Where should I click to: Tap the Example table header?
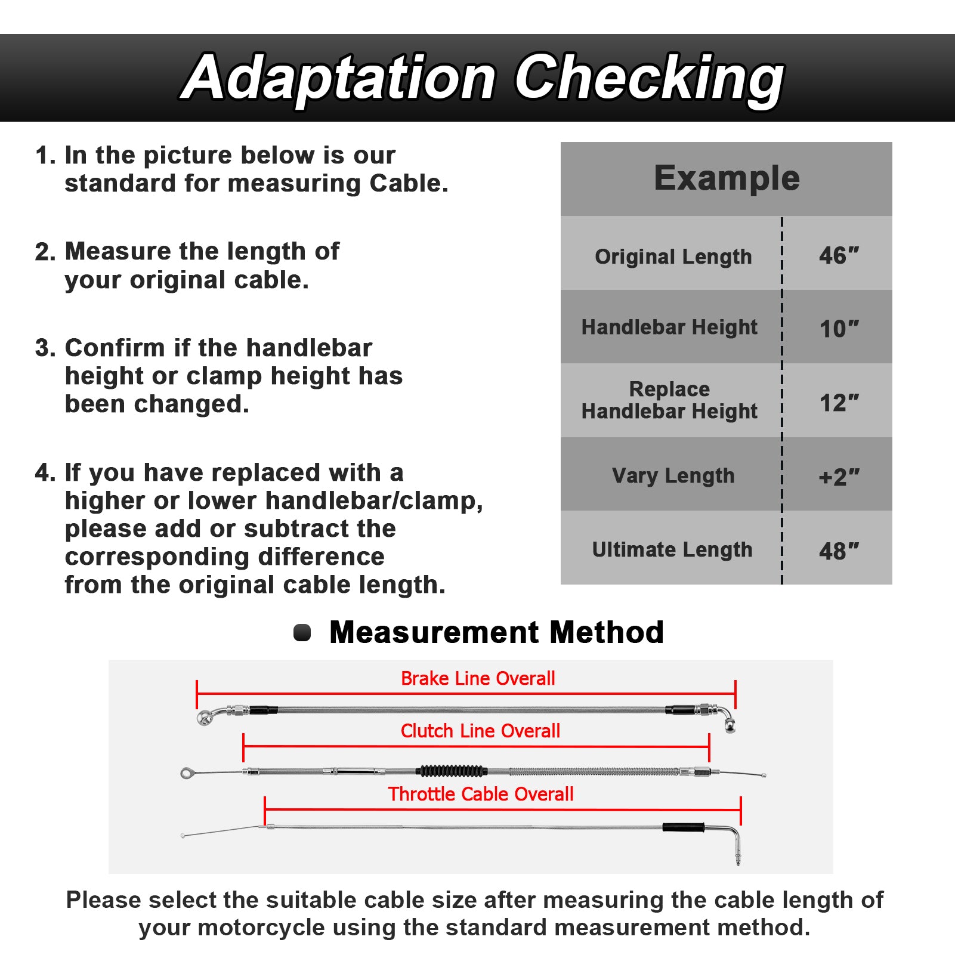click(726, 178)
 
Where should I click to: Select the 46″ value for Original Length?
click(838, 256)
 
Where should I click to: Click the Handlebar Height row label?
click(669, 327)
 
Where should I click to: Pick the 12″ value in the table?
click(838, 403)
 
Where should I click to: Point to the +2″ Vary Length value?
click(838, 477)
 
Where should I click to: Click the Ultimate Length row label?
click(672, 549)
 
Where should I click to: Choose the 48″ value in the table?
click(838, 551)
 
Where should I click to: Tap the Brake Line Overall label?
click(478, 679)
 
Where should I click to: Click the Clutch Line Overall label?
click(480, 731)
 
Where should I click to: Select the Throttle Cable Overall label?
click(481, 794)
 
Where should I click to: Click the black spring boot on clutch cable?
click(453, 771)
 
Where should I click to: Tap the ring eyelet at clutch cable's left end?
click(187, 773)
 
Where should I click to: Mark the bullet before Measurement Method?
click(302, 633)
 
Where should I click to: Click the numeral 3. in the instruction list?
click(45, 348)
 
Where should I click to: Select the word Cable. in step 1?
click(409, 184)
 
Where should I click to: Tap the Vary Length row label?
click(673, 475)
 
